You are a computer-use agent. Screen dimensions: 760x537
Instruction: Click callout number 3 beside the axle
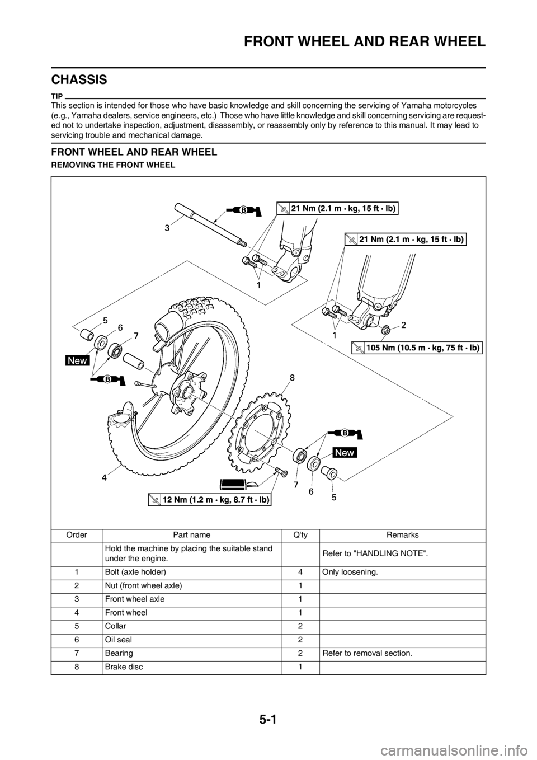pyautogui.click(x=167, y=228)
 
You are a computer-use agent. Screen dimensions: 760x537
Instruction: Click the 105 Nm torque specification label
pyautogui.click(x=417, y=347)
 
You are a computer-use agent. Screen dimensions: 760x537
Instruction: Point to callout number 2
pyautogui.click(x=403, y=324)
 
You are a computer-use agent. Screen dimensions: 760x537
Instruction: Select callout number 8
pyautogui.click(x=292, y=378)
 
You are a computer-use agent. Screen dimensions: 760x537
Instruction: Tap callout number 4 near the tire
pyautogui.click(x=104, y=478)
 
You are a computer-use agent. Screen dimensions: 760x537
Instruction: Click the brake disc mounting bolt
pyautogui.click(x=280, y=473)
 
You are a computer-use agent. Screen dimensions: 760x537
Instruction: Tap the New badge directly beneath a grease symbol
pyautogui.click(x=345, y=452)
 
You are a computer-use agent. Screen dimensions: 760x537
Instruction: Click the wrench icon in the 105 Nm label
pyautogui.click(x=359, y=348)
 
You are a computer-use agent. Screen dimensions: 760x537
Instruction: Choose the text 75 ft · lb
pyautogui.click(x=457, y=347)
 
